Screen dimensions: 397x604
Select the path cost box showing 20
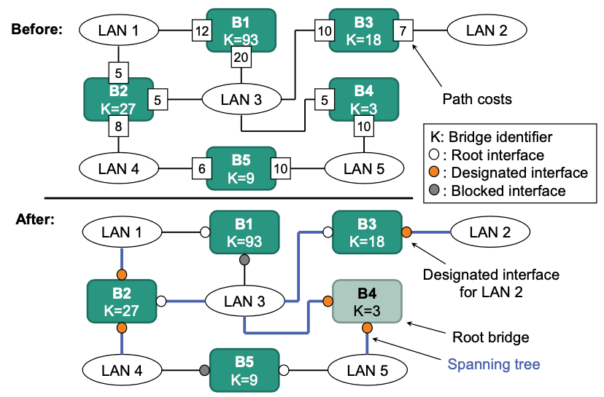pos(241,58)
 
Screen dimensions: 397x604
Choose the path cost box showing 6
pos(201,169)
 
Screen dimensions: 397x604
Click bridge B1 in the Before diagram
pos(241,29)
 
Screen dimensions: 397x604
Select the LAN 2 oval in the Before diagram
pos(481,30)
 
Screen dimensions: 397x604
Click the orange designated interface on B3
pos(406,232)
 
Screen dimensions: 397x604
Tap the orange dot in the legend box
pos(433,173)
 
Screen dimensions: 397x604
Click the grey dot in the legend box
pos(433,192)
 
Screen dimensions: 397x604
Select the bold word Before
pos(36,29)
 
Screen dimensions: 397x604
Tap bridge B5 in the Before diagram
pos(241,168)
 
